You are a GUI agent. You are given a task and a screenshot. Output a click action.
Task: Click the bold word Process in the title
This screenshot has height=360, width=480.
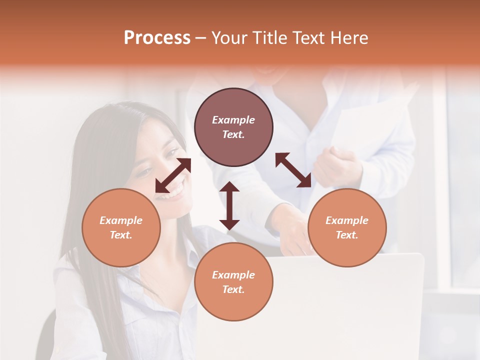click(x=157, y=38)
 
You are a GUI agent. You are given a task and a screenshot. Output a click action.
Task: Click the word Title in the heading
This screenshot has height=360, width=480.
click(x=270, y=38)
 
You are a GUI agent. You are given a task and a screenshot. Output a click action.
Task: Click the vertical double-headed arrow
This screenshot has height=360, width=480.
click(x=229, y=205)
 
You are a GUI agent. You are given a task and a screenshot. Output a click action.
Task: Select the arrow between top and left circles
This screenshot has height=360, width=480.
click(x=173, y=175)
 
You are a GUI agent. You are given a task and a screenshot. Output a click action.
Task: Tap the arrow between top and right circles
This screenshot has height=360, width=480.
click(x=293, y=170)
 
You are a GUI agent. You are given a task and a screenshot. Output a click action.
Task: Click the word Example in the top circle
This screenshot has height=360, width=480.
click(x=233, y=120)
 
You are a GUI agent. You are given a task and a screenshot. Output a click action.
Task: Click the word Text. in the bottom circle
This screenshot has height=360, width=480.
click(x=233, y=289)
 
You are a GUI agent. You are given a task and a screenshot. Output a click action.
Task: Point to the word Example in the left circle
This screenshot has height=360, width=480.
click(x=121, y=220)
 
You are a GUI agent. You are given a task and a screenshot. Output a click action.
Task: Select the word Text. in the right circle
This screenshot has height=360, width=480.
click(x=347, y=235)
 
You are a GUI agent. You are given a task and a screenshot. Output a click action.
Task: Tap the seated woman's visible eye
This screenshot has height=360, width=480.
click(x=143, y=172)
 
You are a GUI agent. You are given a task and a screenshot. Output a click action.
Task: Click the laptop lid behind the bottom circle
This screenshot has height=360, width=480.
click(x=350, y=300)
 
